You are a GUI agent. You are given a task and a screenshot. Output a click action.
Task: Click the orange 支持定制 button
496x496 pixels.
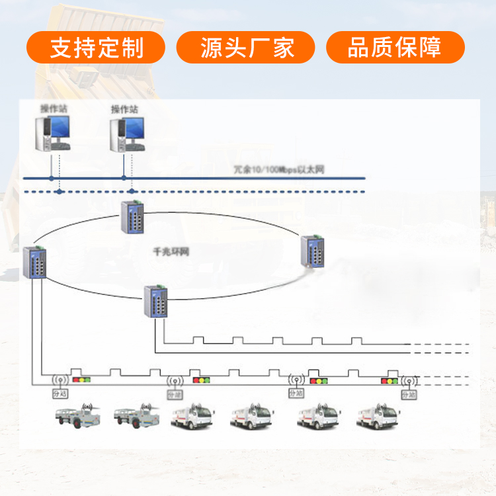tap(96, 48)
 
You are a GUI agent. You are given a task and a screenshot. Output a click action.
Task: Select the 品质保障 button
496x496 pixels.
tap(395, 48)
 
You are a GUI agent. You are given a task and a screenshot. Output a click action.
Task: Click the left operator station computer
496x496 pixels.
tap(53, 133)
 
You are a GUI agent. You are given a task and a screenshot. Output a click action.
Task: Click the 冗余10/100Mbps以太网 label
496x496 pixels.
tap(279, 170)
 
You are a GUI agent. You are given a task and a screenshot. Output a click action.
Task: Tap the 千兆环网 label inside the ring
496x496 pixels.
tap(171, 252)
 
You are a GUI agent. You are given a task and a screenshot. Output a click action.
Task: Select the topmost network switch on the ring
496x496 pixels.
tap(132, 216)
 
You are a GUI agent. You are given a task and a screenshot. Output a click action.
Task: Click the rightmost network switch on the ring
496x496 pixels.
tap(313, 251)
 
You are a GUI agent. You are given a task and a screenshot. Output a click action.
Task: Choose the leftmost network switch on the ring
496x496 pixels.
tap(34, 262)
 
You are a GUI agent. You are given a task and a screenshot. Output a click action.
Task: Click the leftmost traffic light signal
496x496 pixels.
tap(81, 380)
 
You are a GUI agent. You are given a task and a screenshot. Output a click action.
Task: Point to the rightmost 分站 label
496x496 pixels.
tap(409, 394)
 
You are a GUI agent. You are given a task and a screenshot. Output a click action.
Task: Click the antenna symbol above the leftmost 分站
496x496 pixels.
tap(60, 381)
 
